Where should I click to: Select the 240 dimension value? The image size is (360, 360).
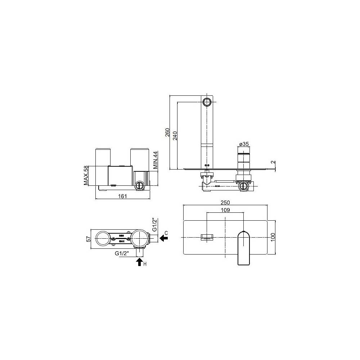click(x=175, y=136)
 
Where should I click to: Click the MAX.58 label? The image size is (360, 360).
click(x=86, y=176)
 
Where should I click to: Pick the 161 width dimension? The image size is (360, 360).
click(x=122, y=196)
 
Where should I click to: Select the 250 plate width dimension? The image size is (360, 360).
click(x=225, y=202)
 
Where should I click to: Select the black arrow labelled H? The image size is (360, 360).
click(x=139, y=262)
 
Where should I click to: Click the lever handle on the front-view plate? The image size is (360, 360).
click(x=244, y=248)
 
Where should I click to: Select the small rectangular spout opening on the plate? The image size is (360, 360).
click(x=207, y=237)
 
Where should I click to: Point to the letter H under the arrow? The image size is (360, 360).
click(x=145, y=265)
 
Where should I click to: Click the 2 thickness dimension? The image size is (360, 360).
click(x=274, y=162)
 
